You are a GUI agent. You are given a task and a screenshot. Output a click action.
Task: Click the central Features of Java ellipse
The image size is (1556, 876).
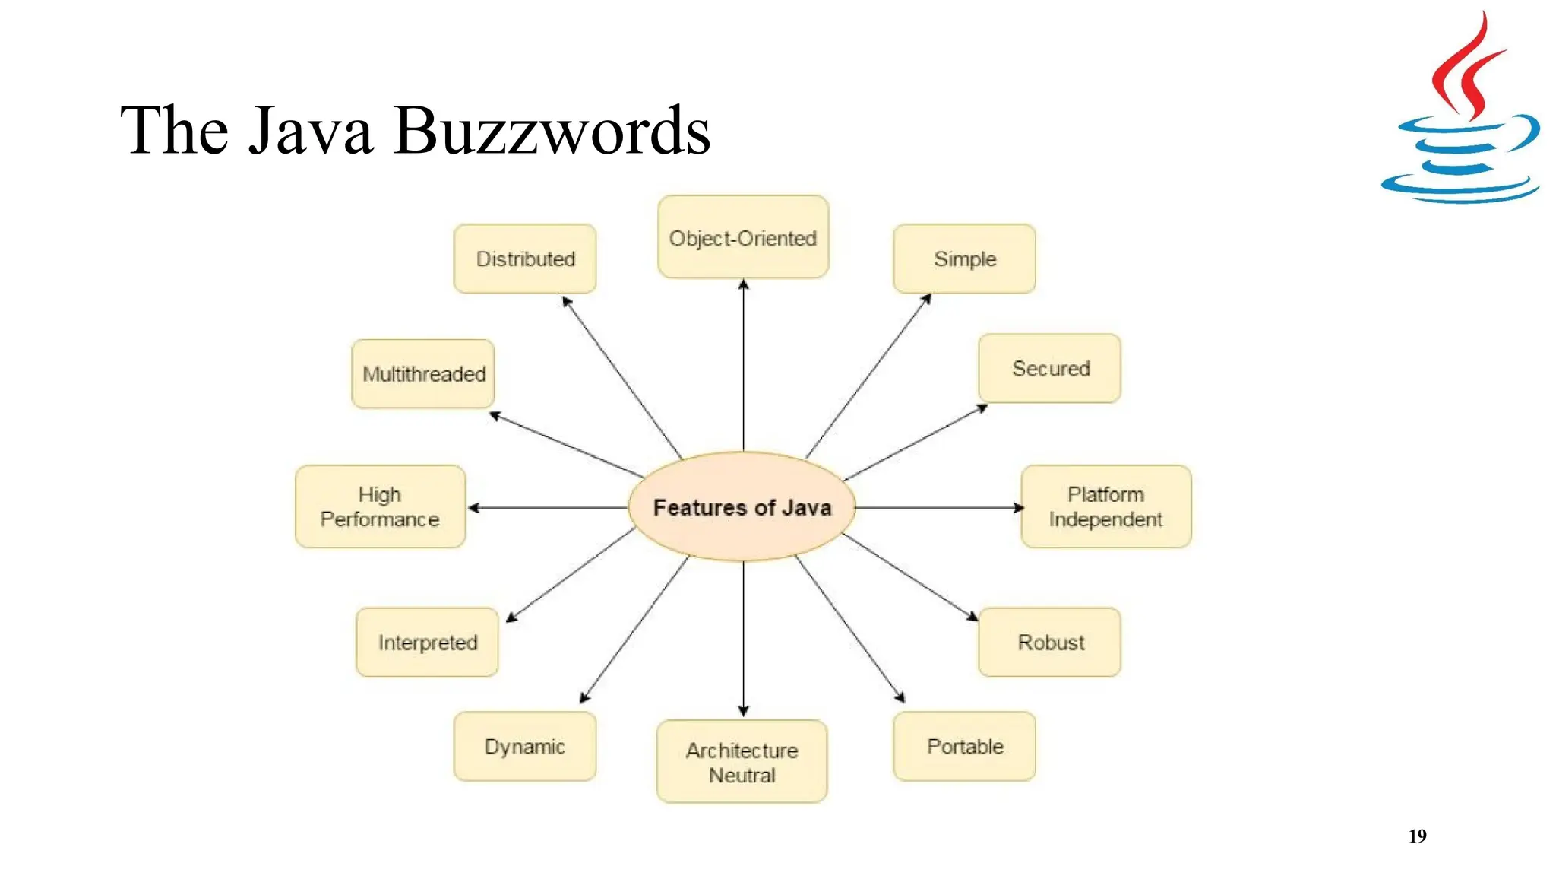click(x=742, y=506)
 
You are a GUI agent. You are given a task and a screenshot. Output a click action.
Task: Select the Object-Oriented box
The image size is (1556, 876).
click(x=742, y=237)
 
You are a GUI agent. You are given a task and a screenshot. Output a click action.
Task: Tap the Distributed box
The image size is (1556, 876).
click(x=525, y=259)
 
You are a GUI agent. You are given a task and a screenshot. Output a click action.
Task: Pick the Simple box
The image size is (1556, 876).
click(x=964, y=259)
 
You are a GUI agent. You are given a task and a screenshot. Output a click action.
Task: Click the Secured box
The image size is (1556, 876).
click(x=1049, y=368)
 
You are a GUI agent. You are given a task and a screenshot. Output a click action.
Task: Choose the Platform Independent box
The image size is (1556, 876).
click(x=1105, y=506)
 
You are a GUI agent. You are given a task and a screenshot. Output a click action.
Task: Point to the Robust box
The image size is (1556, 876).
click(x=1049, y=642)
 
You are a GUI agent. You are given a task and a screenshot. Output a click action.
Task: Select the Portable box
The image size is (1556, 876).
click(x=964, y=746)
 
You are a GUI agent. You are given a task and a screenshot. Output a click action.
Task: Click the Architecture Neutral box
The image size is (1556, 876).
click(x=742, y=761)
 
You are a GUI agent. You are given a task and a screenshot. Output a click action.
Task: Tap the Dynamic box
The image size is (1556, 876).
click(x=525, y=746)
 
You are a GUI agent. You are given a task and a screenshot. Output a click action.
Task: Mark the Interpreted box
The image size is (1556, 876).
click(x=427, y=642)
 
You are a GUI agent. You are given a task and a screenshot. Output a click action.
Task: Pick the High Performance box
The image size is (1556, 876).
click(x=380, y=506)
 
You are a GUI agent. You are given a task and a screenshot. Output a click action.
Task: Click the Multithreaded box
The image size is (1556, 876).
click(x=423, y=373)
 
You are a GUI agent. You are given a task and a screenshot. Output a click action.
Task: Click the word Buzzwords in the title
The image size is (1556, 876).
click(x=552, y=131)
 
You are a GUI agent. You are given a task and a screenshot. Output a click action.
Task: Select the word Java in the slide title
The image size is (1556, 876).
click(x=312, y=131)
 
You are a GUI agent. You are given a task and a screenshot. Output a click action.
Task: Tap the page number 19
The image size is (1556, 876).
click(x=1417, y=836)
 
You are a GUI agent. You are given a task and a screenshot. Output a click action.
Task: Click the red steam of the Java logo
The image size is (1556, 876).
click(x=1467, y=68)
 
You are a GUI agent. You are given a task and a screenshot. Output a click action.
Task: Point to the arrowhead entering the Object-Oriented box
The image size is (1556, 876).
click(x=743, y=284)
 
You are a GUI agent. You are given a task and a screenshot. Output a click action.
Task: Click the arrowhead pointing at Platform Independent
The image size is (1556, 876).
click(x=1018, y=507)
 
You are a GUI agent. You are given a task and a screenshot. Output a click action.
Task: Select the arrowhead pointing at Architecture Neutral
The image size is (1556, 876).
click(x=743, y=711)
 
